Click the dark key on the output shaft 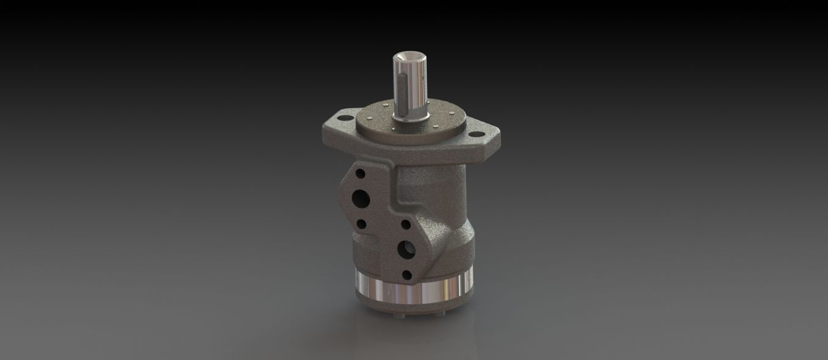coord(402,86)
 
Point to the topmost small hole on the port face coord(361,174)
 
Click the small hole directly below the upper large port coord(361,224)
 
